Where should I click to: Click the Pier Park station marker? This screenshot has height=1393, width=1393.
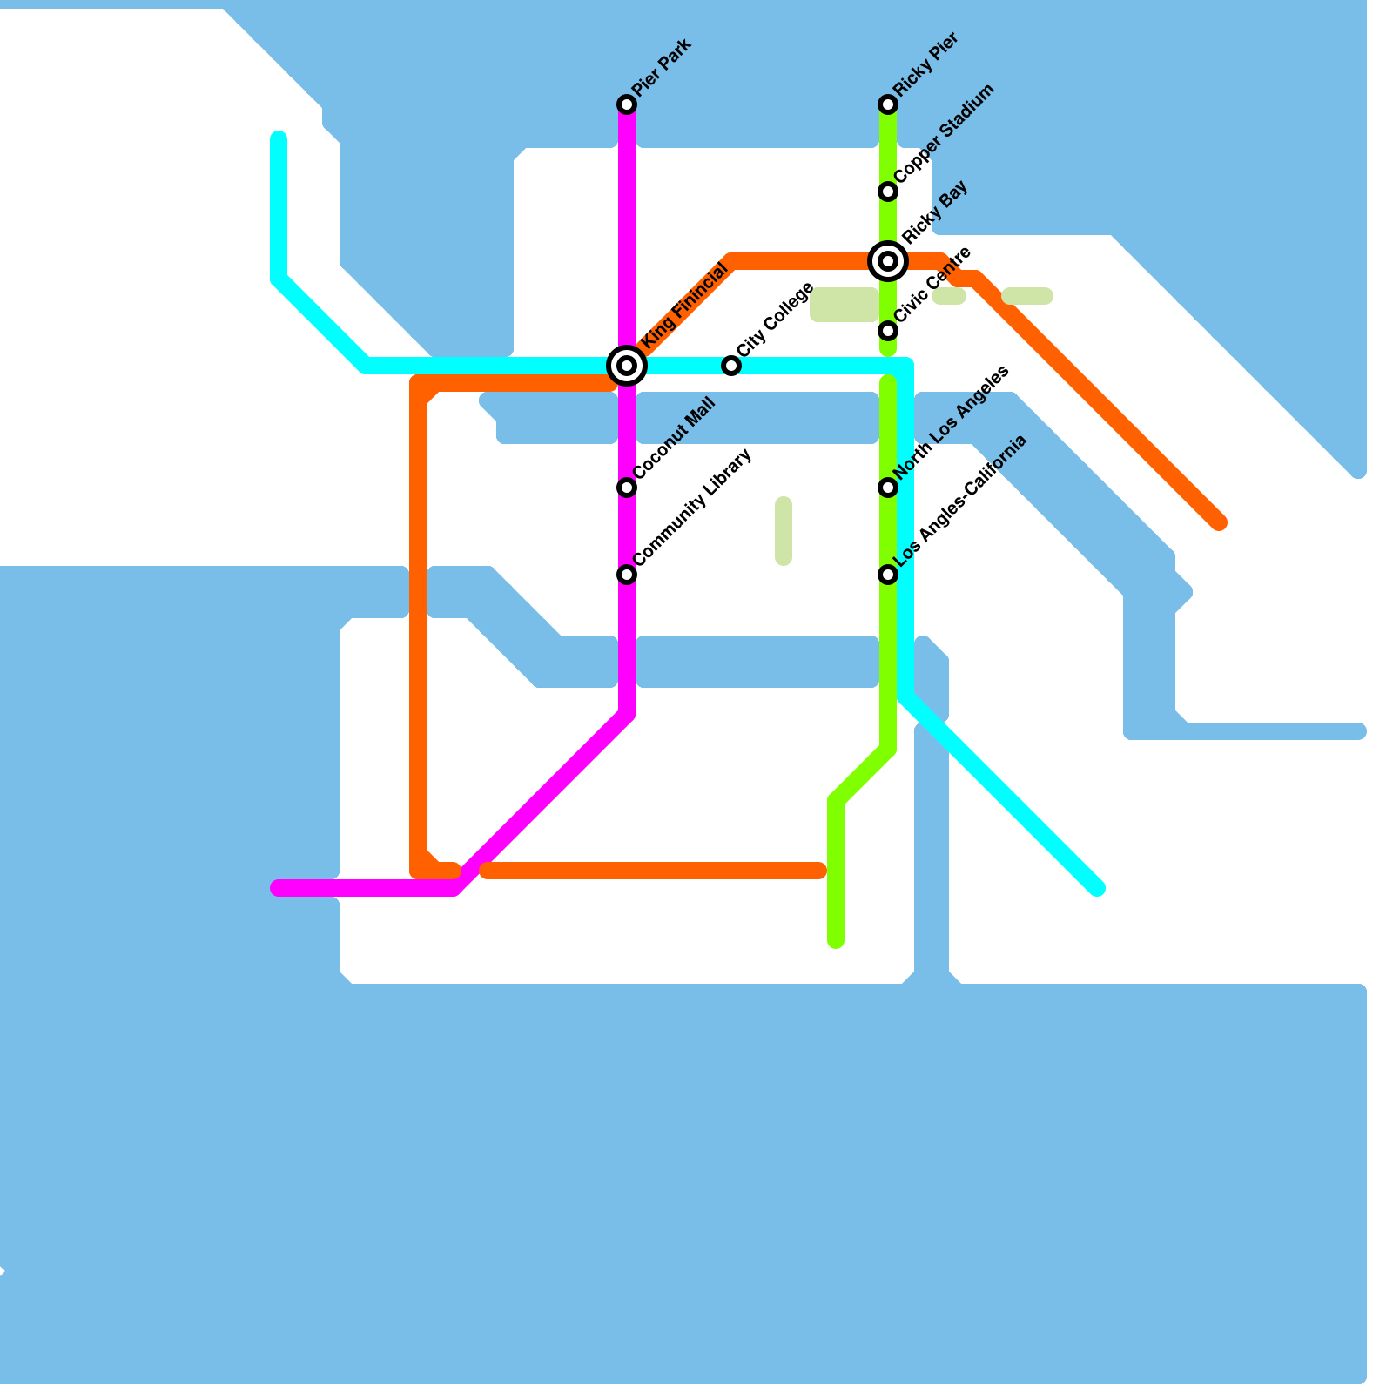click(x=627, y=104)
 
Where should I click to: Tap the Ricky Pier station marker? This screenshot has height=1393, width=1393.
click(x=888, y=104)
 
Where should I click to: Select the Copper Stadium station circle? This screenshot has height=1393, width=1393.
click(x=888, y=192)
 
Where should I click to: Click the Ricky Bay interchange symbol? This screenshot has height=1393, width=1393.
click(x=888, y=260)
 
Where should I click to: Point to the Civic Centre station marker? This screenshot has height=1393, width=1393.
click(x=888, y=331)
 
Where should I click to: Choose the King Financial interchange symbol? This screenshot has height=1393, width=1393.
click(x=627, y=365)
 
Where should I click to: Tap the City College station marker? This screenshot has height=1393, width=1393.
click(x=731, y=366)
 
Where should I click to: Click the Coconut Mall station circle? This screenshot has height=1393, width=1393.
click(x=627, y=488)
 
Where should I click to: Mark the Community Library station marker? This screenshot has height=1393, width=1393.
click(x=627, y=575)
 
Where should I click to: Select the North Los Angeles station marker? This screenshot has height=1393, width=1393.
click(x=888, y=488)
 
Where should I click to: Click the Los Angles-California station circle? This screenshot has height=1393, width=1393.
click(x=888, y=575)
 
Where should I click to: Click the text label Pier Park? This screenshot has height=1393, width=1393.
click(x=662, y=68)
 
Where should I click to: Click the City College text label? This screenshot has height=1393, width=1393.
click(x=775, y=320)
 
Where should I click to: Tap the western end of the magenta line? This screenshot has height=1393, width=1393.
click(x=278, y=888)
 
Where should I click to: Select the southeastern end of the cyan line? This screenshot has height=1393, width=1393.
click(x=1098, y=889)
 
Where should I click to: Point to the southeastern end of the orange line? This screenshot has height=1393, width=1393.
click(x=1220, y=523)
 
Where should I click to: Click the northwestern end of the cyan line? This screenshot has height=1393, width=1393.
click(x=279, y=138)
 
